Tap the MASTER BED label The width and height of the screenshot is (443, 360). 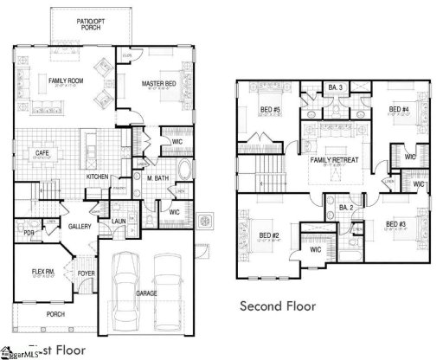[x=158, y=83]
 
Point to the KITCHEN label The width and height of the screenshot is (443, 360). [x=97, y=177]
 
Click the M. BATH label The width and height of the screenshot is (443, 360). [x=157, y=178]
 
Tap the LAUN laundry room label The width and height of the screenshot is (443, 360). [x=119, y=221]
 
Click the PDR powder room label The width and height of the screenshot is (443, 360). [x=29, y=232]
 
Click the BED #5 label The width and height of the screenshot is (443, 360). [x=271, y=110]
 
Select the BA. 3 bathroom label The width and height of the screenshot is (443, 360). [x=337, y=87]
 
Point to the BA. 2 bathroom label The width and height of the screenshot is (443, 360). [x=346, y=208]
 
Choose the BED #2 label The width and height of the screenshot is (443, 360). [x=266, y=235]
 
